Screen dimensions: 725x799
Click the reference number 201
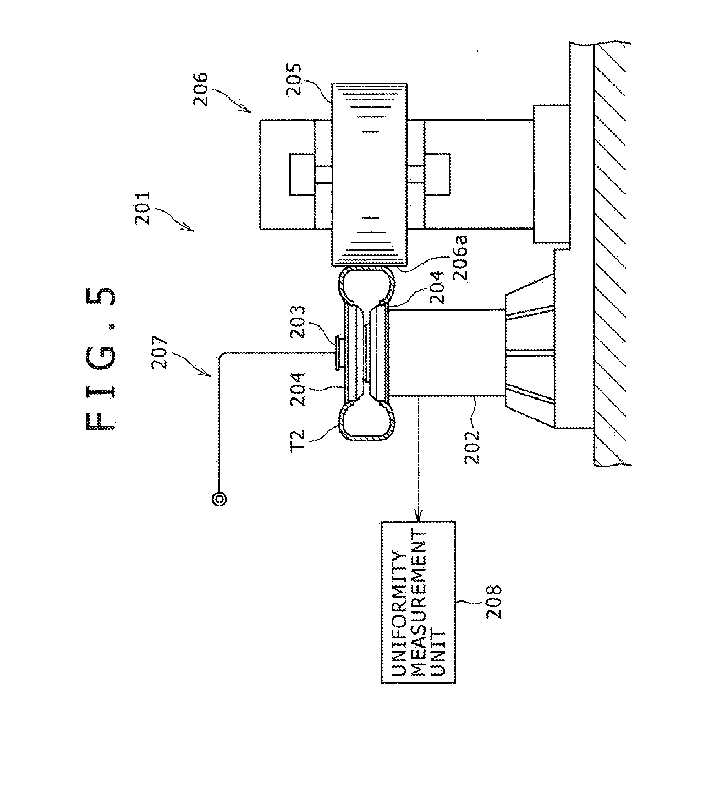[x=143, y=208]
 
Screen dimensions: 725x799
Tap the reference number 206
[x=201, y=89]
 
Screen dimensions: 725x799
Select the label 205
[x=293, y=79]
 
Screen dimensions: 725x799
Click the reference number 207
[x=159, y=352]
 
